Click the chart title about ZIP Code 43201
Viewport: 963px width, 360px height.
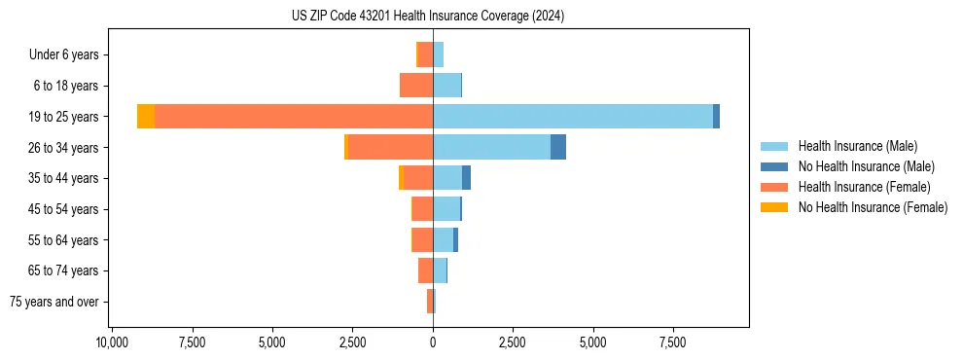[x=427, y=17]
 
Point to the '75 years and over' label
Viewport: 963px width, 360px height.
[x=54, y=302]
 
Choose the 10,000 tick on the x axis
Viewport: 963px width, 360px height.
[x=113, y=342]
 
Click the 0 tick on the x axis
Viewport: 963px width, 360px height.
[x=433, y=342]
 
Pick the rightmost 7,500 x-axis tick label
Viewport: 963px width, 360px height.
[x=673, y=342]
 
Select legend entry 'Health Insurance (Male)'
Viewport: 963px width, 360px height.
[x=857, y=146]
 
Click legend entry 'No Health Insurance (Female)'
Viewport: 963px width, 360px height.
[x=873, y=207]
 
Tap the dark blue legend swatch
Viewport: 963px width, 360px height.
[x=774, y=166]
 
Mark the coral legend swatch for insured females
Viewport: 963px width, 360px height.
[x=774, y=187]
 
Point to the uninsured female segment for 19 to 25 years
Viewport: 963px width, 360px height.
[x=146, y=117]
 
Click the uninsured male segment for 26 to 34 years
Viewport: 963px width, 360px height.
[x=558, y=147]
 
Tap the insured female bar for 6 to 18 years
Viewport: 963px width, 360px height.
[x=416, y=86]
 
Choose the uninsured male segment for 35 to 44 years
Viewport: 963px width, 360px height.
[x=467, y=178]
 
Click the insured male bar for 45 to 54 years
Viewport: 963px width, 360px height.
[x=446, y=209]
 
